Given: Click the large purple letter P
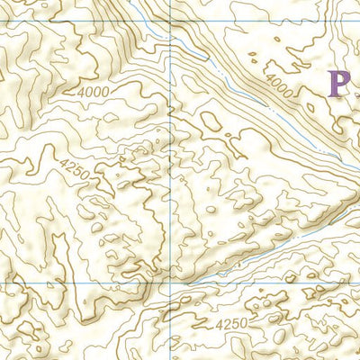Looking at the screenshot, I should [339, 83].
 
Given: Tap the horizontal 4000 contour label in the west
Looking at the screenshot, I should [93, 92].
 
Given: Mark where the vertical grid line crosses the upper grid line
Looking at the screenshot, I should [171, 22].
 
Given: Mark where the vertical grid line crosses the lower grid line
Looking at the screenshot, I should [171, 283].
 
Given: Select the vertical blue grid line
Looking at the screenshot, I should [171, 180].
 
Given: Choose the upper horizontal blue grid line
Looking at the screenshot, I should [90, 22].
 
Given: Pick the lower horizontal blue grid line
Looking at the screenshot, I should [90, 283].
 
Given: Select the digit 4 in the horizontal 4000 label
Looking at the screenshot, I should [81, 92].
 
